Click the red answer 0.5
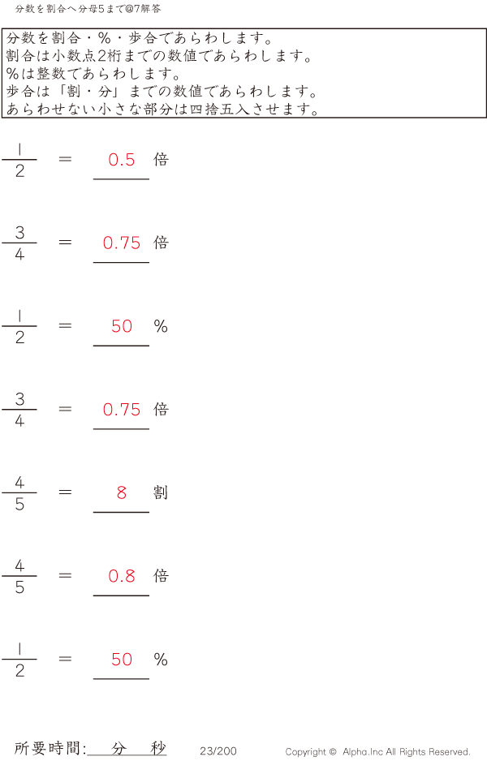point(122,160)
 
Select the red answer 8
point(122,492)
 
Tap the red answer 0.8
point(122,576)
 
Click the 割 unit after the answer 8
point(161,492)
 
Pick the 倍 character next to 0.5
point(161,160)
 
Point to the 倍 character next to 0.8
point(161,576)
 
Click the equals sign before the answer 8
point(65,492)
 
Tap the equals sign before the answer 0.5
point(65,159)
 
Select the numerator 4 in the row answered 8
point(19,482)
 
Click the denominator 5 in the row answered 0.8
point(19,587)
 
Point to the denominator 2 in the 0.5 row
point(19,171)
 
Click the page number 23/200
point(218,751)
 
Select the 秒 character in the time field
point(158,748)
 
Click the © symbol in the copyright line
point(333,752)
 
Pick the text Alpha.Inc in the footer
point(363,752)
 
